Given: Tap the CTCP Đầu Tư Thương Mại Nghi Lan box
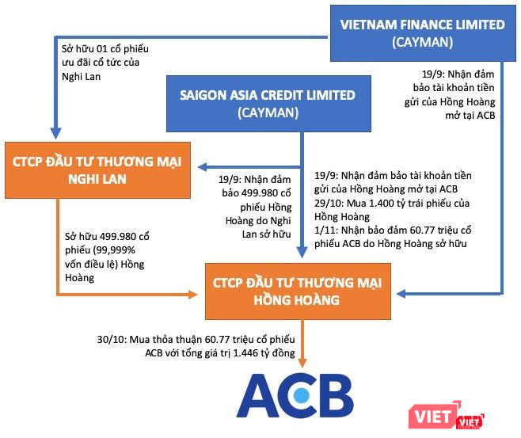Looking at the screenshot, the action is coord(97,169).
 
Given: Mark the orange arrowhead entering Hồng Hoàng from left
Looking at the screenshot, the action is coord(192,294).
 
